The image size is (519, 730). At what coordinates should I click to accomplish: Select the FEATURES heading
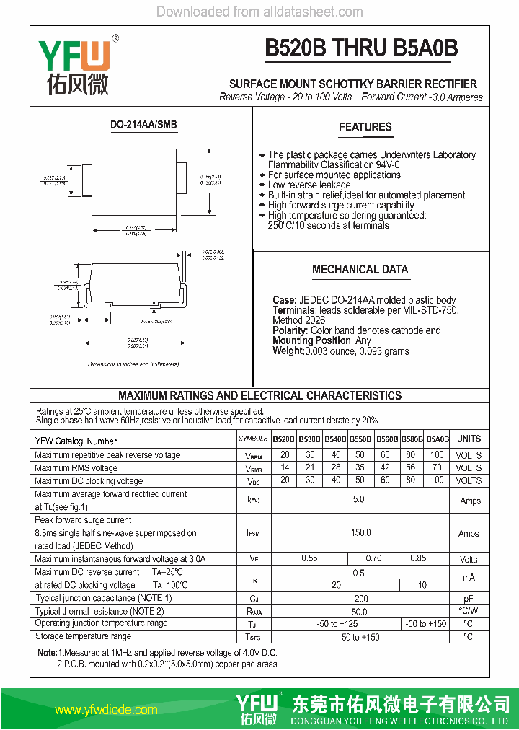tap(365, 127)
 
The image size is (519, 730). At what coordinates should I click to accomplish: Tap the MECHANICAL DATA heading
tap(360, 270)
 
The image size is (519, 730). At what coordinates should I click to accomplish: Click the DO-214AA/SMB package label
tap(143, 125)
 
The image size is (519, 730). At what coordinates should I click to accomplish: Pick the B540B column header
tap(335, 439)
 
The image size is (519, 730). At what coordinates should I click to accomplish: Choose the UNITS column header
tap(469, 439)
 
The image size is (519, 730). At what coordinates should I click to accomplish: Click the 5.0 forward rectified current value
tap(358, 500)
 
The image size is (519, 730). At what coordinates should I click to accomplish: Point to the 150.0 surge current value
tap(360, 533)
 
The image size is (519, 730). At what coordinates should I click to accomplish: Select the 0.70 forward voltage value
tap(373, 558)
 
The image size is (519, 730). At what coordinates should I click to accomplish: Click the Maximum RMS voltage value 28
tap(335, 468)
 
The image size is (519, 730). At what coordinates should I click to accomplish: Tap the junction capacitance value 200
tap(361, 598)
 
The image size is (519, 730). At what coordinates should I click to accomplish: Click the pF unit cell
tap(469, 599)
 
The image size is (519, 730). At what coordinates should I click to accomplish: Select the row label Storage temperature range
tap(83, 636)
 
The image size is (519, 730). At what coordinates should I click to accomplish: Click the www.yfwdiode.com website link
tap(106, 710)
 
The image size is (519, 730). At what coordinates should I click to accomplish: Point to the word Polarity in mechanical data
tap(290, 330)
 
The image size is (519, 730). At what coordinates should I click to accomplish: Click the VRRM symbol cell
tap(253, 456)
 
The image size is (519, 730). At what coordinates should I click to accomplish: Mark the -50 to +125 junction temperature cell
tap(337, 623)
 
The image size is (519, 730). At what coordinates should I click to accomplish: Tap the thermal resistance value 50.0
tap(360, 611)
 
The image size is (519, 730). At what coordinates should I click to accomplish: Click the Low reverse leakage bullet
tap(309, 185)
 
